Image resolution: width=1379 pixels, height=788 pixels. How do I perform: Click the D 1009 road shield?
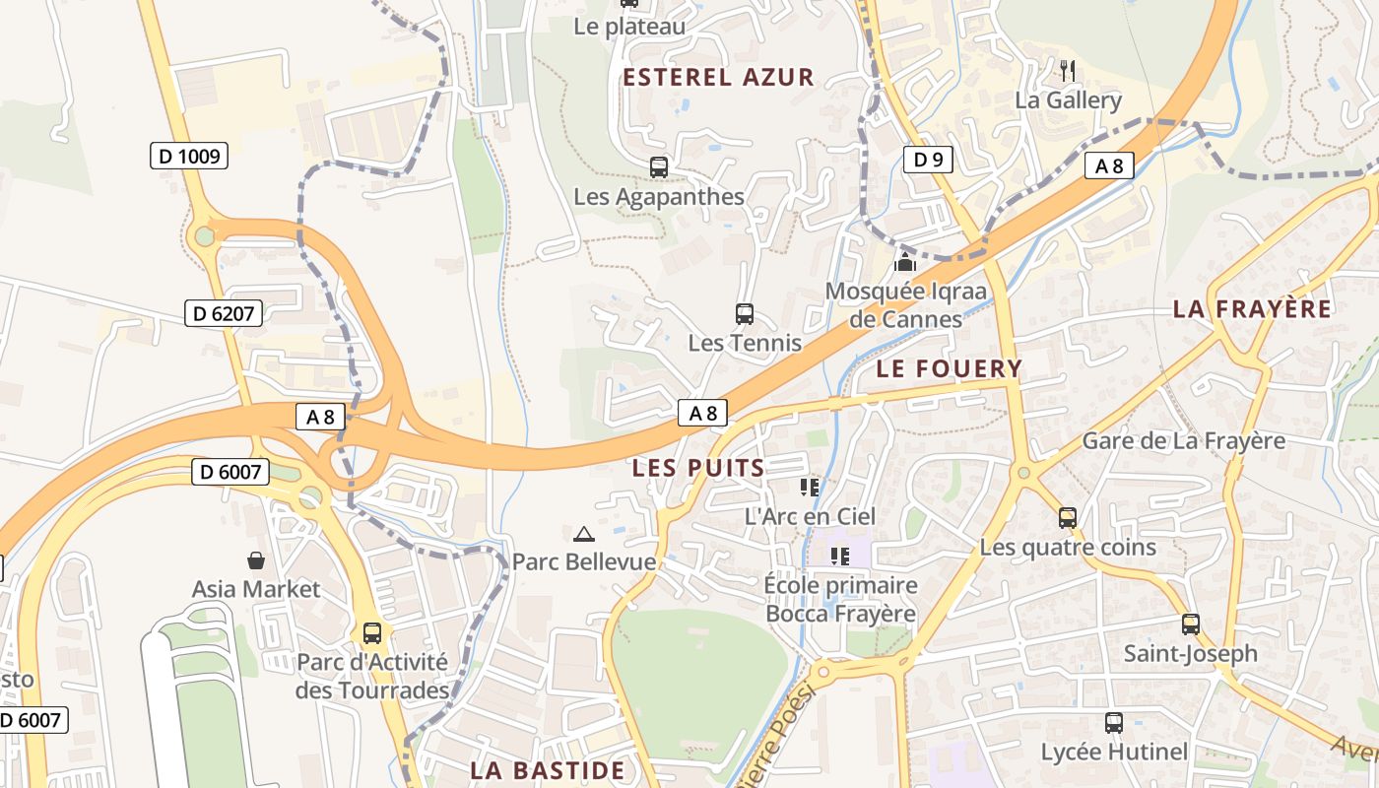[189, 156]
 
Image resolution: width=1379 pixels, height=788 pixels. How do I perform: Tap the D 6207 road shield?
[224, 314]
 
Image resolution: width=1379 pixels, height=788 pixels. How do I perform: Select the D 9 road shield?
[927, 159]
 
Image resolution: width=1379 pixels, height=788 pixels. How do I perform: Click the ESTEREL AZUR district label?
[718, 78]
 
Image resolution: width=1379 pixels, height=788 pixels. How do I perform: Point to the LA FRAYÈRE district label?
[1252, 309]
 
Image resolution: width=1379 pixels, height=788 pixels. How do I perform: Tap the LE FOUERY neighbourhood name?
[950, 369]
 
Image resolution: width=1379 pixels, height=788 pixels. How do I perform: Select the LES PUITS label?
[698, 468]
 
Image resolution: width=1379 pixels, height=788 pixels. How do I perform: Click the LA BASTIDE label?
[548, 770]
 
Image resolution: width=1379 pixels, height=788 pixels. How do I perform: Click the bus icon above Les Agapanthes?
[659, 167]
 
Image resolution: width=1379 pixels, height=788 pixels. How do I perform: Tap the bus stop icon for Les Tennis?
[745, 314]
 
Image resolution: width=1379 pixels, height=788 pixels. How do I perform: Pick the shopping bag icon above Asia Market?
[256, 560]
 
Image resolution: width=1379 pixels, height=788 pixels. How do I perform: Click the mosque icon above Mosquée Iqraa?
[904, 262]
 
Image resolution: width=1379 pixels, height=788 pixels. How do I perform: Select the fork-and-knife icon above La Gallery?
[1068, 70]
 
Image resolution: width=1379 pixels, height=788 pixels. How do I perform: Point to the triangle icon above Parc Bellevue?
[584, 534]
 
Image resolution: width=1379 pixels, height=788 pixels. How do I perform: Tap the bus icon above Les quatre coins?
[1067, 518]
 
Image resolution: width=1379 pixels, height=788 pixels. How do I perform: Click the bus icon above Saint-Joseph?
[1191, 624]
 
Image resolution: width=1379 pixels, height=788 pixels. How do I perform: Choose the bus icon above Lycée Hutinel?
[1114, 723]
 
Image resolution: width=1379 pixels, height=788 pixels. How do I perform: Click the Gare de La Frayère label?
[1183, 440]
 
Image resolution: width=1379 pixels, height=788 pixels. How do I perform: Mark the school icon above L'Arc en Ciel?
[810, 487]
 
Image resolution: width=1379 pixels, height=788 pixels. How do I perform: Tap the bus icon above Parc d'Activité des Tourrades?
[371, 633]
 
